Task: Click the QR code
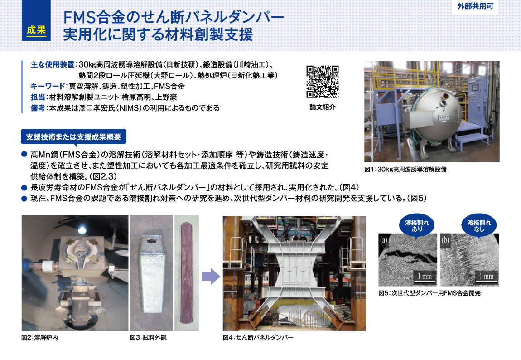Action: (x=323, y=82)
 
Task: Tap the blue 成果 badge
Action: (x=36, y=30)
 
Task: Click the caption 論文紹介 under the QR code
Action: (x=323, y=107)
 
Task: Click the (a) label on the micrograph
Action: (x=384, y=240)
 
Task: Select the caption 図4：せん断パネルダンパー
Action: (x=258, y=338)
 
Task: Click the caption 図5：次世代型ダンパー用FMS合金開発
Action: (x=429, y=293)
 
